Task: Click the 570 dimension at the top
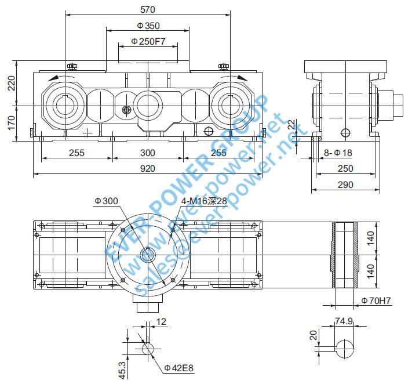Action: click(148, 9)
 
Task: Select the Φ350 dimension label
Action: click(148, 26)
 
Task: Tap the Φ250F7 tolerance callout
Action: click(148, 41)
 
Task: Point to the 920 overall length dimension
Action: click(148, 169)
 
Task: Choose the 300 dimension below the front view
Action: click(148, 153)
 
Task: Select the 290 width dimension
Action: click(345, 184)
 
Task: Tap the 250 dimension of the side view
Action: click(345, 169)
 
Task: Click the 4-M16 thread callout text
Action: click(204, 201)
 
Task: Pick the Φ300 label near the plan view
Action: click(106, 201)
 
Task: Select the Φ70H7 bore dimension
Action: click(377, 301)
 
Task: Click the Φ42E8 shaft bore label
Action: click(179, 367)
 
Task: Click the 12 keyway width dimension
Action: click(161, 321)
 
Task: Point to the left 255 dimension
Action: click(76, 153)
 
